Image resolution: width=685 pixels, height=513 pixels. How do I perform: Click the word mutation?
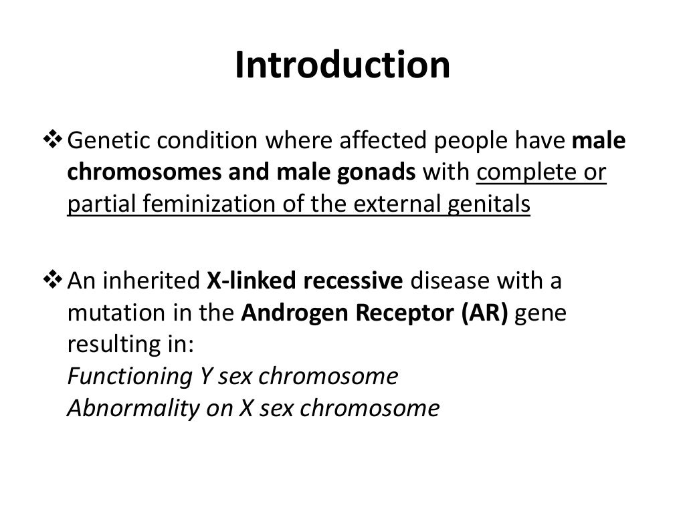click(x=111, y=314)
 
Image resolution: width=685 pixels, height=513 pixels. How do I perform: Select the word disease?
click(x=450, y=282)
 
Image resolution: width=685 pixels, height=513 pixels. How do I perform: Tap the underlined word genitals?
click(x=490, y=204)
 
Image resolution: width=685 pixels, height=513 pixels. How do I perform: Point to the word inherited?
click(x=153, y=282)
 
